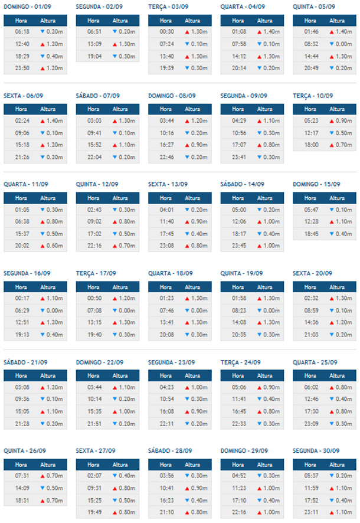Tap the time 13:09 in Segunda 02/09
(x=94, y=44)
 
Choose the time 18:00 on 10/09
(x=311, y=145)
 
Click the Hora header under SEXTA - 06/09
(x=21, y=109)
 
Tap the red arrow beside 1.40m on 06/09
(x=42, y=120)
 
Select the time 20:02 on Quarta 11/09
(x=22, y=246)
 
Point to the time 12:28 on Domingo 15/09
(x=311, y=221)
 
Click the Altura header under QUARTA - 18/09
(x=192, y=286)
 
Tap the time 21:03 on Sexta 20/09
(x=311, y=334)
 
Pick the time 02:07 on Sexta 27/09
(x=94, y=476)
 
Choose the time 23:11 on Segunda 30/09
(x=311, y=512)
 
